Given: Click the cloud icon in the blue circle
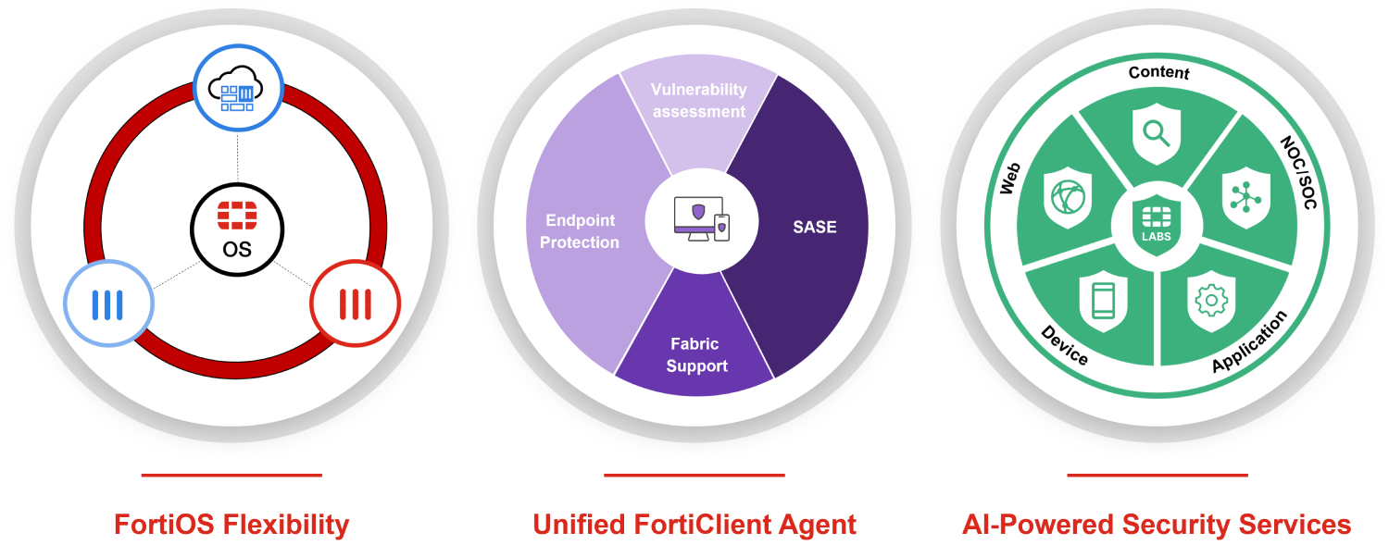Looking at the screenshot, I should click(x=236, y=90).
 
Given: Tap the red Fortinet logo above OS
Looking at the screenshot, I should click(x=237, y=214).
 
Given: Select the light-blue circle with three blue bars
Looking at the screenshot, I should click(x=107, y=303).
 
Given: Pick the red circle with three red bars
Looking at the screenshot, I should click(x=355, y=303).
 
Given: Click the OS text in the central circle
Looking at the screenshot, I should click(x=237, y=249).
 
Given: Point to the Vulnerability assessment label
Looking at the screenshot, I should click(x=697, y=101).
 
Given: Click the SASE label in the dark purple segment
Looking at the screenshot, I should click(x=814, y=227).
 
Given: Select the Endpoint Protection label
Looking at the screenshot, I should click(x=581, y=231).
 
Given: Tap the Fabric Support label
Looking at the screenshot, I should click(x=695, y=354).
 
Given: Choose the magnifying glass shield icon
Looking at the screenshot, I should click(x=1157, y=133).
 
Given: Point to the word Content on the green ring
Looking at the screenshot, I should click(x=1158, y=72).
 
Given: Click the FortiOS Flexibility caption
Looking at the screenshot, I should click(x=231, y=526).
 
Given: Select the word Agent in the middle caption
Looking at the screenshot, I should click(x=815, y=526).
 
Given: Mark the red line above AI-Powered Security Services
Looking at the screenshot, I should click(x=1157, y=476).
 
